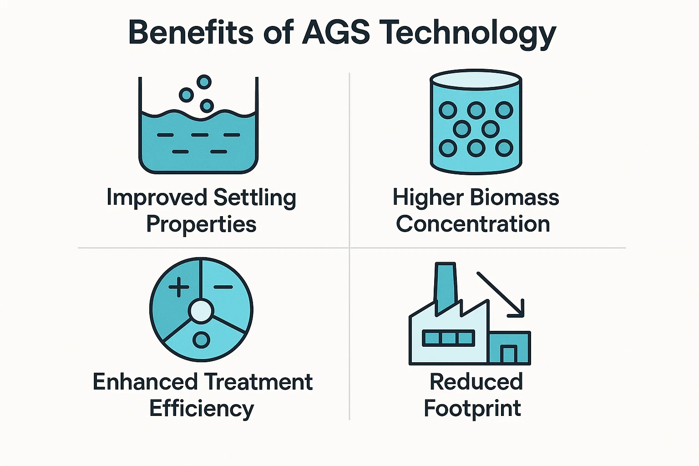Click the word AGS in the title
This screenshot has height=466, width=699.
pos(336,32)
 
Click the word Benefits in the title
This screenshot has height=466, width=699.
pos(190,32)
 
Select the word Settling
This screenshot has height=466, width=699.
pos(255,198)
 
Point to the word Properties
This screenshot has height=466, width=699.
pos(201,224)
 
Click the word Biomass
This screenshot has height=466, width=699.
pos(514,198)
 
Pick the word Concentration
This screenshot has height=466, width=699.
pos(473,224)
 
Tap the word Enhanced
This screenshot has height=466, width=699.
pos(145,381)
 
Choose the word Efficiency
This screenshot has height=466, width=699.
pos(202,408)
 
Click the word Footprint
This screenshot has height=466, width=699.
pos(472,408)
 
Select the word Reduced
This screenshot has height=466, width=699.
pos(476,381)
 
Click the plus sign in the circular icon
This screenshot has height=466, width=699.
pos(179,287)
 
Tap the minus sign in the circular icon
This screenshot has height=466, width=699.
pos(223,287)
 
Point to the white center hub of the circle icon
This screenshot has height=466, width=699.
pos(201,310)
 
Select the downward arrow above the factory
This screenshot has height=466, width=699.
pos(500,294)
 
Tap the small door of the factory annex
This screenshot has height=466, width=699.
pos(509,354)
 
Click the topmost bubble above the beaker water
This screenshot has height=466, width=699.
pos(204,82)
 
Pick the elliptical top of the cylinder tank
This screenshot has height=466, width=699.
pos(476,78)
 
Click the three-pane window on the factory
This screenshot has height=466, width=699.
pos(448,338)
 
